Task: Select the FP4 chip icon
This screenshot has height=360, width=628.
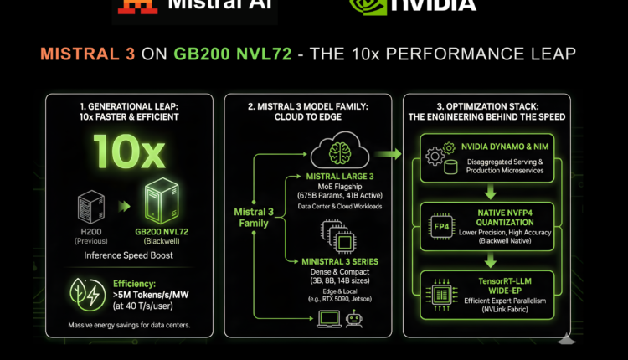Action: point(440,227)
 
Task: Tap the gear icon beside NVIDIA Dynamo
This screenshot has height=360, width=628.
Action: point(436,156)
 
